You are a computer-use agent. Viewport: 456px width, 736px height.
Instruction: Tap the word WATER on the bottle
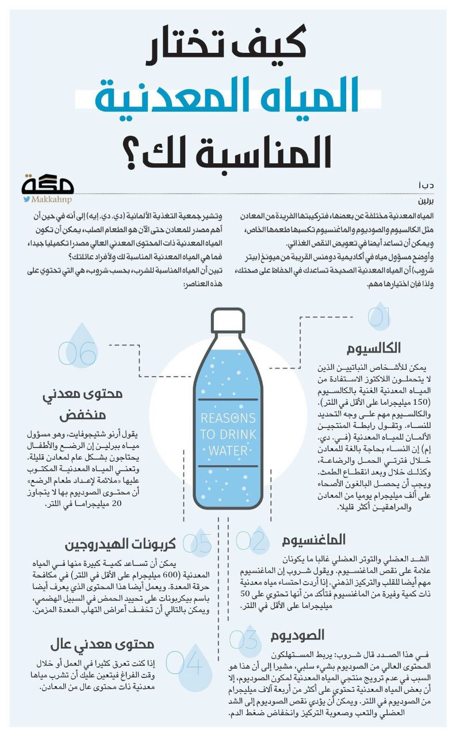pos(228,450)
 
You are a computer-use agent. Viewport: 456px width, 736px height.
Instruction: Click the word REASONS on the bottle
pos(228,418)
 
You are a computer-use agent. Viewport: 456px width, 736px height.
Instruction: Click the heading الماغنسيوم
pos(313,539)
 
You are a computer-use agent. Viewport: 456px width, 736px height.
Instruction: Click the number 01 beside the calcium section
pos(379,318)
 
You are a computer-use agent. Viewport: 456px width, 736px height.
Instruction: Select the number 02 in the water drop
pos(251,542)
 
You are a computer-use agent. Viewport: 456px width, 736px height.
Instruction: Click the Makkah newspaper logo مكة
pos(48,185)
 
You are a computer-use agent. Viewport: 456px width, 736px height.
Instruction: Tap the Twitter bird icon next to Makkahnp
pos(26,199)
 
